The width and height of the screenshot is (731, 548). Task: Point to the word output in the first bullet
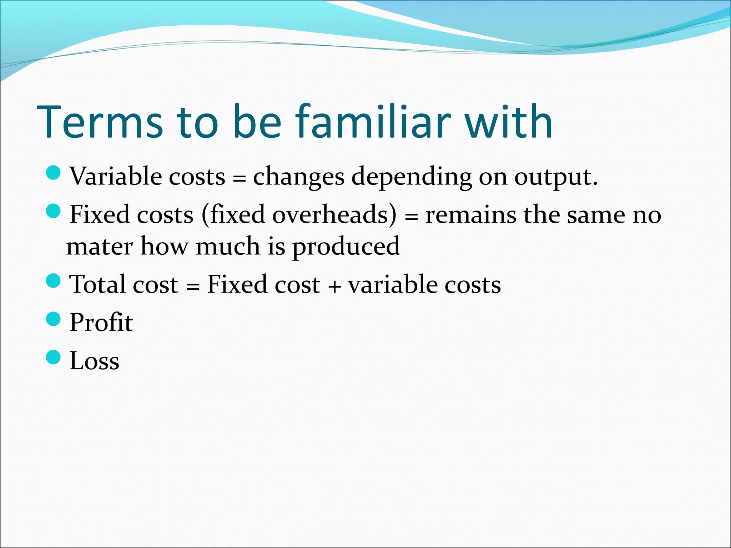(x=552, y=177)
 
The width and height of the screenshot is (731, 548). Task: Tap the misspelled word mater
(x=100, y=246)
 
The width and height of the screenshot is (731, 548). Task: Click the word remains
(x=470, y=215)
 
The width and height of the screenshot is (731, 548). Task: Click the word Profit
(x=101, y=322)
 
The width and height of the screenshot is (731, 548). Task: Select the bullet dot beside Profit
(x=54, y=319)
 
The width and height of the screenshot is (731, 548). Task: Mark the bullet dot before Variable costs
(x=54, y=173)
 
